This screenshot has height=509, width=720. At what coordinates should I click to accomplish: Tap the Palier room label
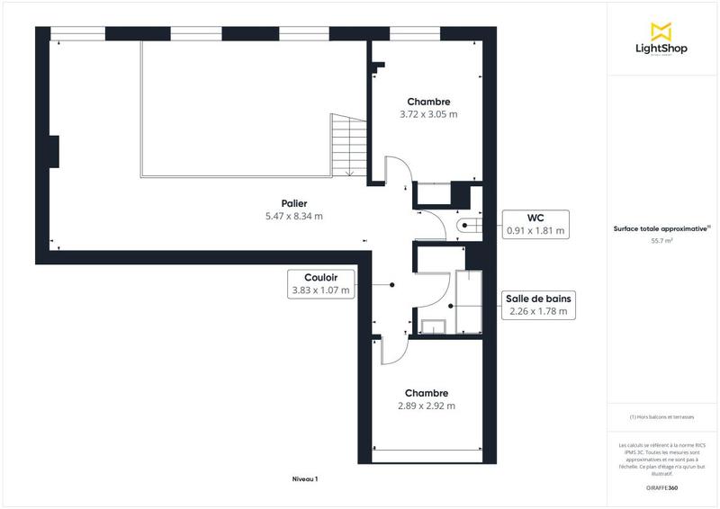[293, 204]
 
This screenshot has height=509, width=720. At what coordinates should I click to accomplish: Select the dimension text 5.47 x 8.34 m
[293, 217]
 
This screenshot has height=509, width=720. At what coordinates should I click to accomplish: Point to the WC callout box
[535, 224]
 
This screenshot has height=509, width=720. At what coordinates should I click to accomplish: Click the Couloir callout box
[320, 284]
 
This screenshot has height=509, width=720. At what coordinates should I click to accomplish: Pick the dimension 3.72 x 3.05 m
[428, 114]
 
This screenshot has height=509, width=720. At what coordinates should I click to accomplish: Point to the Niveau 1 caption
[305, 479]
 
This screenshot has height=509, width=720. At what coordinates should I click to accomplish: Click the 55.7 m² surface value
[661, 241]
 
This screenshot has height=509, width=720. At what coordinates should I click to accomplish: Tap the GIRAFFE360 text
[661, 487]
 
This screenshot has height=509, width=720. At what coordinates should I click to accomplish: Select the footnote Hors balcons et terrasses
[661, 417]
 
